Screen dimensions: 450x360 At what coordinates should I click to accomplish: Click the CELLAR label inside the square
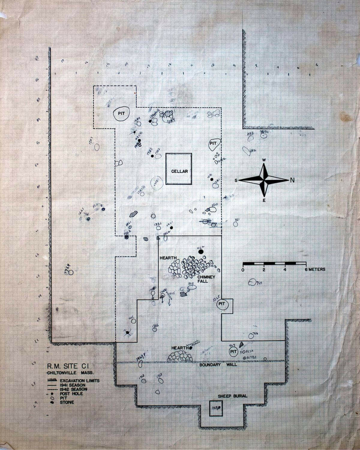point(180,171)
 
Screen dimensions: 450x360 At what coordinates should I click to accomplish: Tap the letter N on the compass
point(292,180)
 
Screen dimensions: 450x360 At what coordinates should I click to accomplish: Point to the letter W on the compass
point(264,160)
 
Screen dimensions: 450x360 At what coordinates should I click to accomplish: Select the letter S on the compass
point(236,180)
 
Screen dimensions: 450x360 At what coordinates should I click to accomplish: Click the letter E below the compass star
point(264,200)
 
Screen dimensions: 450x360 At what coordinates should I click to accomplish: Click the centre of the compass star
point(264,180)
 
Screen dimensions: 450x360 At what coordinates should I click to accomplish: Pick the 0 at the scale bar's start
point(243,270)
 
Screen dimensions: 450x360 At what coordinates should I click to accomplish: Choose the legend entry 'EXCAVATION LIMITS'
point(80,380)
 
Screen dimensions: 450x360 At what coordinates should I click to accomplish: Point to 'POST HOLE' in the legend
point(71,394)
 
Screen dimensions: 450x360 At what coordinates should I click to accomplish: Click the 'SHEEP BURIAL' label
point(232,396)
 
